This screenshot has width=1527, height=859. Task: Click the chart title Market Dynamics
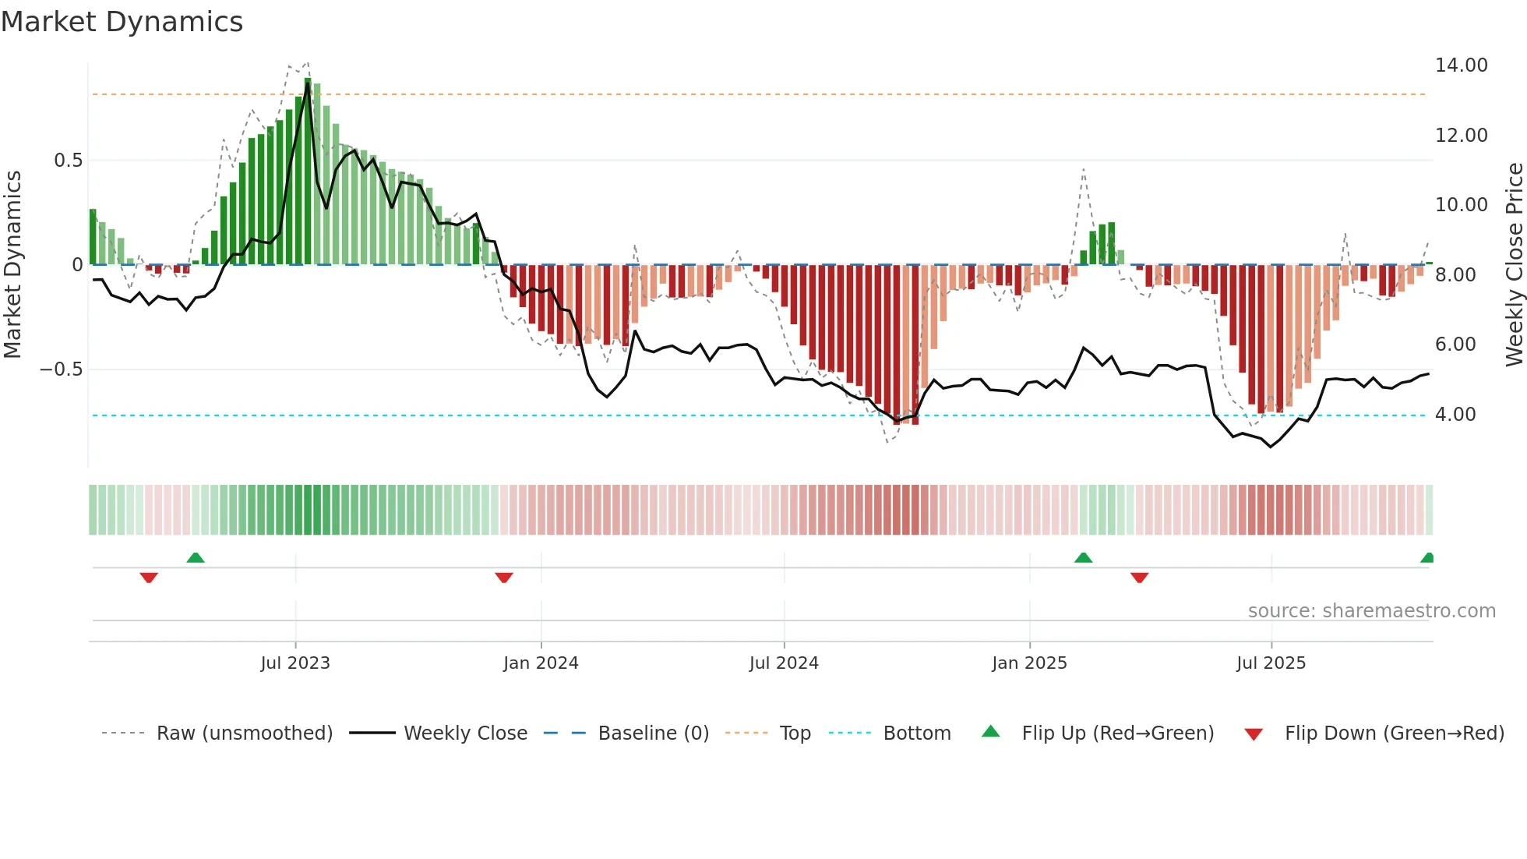(x=122, y=22)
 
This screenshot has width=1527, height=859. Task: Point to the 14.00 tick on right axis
(x=1461, y=65)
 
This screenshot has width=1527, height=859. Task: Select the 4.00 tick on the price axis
(x=1455, y=415)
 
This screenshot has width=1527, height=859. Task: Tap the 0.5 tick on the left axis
(x=68, y=161)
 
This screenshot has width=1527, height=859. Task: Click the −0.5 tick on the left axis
(x=62, y=369)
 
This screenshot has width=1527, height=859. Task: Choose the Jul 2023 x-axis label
(x=295, y=663)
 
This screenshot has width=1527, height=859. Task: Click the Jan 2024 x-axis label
(x=541, y=663)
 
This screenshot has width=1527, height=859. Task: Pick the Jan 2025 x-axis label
(x=1029, y=663)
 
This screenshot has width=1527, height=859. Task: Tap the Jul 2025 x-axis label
(x=1271, y=663)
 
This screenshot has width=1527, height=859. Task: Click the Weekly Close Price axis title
(x=1514, y=265)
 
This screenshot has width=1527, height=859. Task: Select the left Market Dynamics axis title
(x=12, y=265)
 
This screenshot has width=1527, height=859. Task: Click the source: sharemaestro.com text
(x=1371, y=611)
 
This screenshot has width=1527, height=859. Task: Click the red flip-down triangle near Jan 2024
(x=504, y=578)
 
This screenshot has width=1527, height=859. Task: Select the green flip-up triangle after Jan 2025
(x=1083, y=558)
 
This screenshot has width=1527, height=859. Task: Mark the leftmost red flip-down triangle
(x=149, y=578)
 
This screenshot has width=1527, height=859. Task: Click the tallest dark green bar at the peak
(x=308, y=171)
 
